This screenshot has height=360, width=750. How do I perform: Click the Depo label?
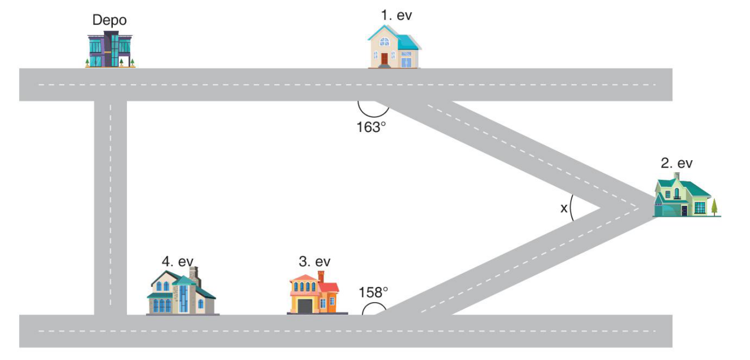110,20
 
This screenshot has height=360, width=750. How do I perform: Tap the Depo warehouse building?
110,49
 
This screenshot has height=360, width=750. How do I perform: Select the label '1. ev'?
397,15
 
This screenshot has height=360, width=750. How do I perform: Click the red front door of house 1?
385,59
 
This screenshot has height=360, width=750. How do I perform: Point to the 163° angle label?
371,127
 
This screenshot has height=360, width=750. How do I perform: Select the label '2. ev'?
677,163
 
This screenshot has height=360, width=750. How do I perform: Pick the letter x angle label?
564,208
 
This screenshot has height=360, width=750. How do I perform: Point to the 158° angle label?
373,293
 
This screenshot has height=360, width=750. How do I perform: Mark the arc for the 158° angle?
374,304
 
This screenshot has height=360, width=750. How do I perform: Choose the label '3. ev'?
315,261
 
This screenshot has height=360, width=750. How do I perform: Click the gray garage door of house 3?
305,306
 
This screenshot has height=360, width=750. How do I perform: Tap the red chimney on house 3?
321,276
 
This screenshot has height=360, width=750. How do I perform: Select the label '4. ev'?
178,261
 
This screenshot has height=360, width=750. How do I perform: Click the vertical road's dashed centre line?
111,204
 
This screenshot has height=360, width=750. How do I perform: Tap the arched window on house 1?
385,41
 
